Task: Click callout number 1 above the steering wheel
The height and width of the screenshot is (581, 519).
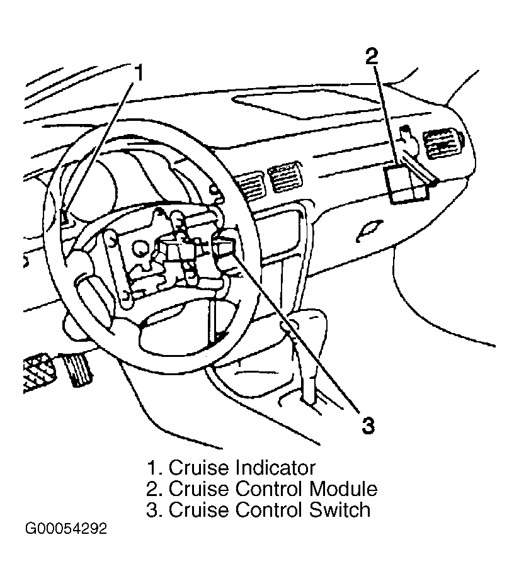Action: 139,72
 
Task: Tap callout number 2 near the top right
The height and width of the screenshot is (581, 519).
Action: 372,56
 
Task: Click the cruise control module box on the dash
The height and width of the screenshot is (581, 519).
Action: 406,184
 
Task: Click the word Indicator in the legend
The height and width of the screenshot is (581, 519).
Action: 275,468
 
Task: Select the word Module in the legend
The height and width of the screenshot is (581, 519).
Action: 343,488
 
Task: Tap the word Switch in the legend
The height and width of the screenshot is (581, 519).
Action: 339,510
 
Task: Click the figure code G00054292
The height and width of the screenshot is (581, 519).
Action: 66,529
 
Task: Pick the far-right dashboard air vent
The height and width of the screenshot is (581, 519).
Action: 445,144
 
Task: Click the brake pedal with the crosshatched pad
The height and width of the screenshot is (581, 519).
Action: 38,372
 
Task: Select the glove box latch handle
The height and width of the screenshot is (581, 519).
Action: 368,230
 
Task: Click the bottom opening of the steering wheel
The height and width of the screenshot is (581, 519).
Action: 174,336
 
